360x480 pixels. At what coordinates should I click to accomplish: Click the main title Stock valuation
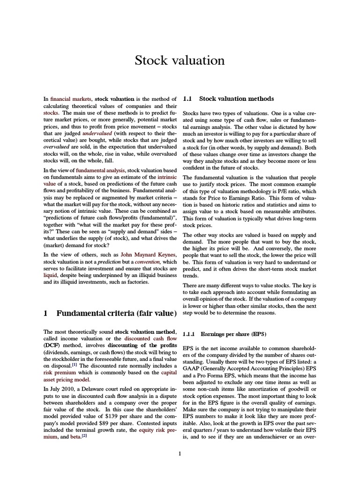[x=180, y=60]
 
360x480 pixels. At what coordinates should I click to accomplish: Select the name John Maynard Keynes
[x=149, y=255]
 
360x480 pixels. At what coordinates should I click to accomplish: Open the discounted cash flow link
[x=154, y=338]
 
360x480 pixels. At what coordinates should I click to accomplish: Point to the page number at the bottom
[x=180, y=454]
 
